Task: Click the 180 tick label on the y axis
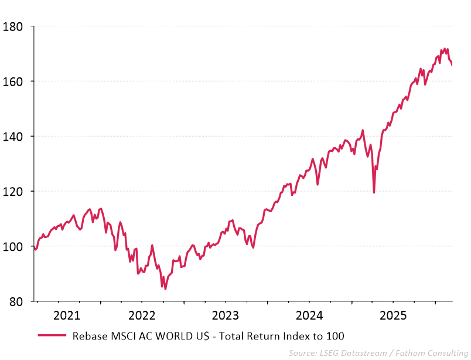(13, 26)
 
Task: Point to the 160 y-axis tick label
(13, 81)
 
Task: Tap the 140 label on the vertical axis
(13, 137)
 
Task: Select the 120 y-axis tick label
(13, 192)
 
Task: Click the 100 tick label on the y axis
(13, 247)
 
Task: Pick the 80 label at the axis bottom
(16, 302)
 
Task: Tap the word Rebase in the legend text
(89, 336)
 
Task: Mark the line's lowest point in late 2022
(165, 289)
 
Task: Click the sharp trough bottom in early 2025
(374, 192)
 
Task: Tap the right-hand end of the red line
(452, 65)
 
